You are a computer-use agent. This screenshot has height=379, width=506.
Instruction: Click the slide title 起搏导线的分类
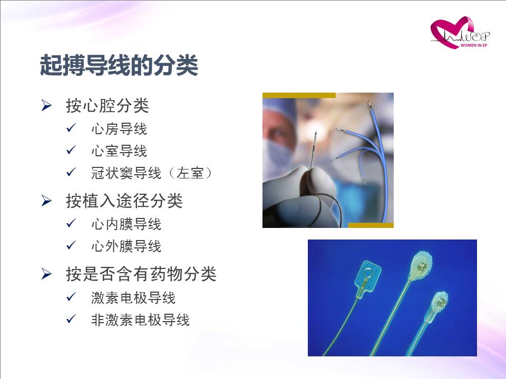(119, 65)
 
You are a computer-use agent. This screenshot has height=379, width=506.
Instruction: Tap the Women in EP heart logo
(460, 33)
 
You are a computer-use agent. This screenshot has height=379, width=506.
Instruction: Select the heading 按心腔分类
(107, 106)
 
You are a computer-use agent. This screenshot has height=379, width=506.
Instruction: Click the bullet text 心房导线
(119, 129)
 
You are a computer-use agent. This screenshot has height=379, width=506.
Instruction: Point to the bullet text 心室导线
(119, 151)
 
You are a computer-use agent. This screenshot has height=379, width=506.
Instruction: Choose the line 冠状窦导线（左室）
(152, 173)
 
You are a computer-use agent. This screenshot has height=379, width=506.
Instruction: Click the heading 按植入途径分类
(124, 201)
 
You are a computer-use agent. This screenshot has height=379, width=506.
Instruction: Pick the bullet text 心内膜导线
(126, 224)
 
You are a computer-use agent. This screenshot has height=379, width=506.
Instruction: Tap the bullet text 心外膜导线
(126, 246)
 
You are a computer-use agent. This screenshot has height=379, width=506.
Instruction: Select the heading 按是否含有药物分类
(141, 274)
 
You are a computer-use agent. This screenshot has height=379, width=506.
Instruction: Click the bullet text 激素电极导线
(133, 297)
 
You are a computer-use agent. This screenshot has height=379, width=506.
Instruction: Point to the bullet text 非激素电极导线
(140, 320)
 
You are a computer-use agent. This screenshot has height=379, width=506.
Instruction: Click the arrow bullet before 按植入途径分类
(46, 201)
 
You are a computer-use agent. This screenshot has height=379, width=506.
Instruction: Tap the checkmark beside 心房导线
(71, 128)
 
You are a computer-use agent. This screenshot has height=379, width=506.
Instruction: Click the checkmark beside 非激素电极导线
(71, 319)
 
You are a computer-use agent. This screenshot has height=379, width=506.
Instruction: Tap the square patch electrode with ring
(368, 278)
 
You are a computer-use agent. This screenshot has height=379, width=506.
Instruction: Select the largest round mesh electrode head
(421, 266)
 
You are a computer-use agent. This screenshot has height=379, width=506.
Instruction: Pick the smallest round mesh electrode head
(439, 302)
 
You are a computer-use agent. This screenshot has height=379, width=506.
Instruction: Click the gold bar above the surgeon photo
(299, 95)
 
